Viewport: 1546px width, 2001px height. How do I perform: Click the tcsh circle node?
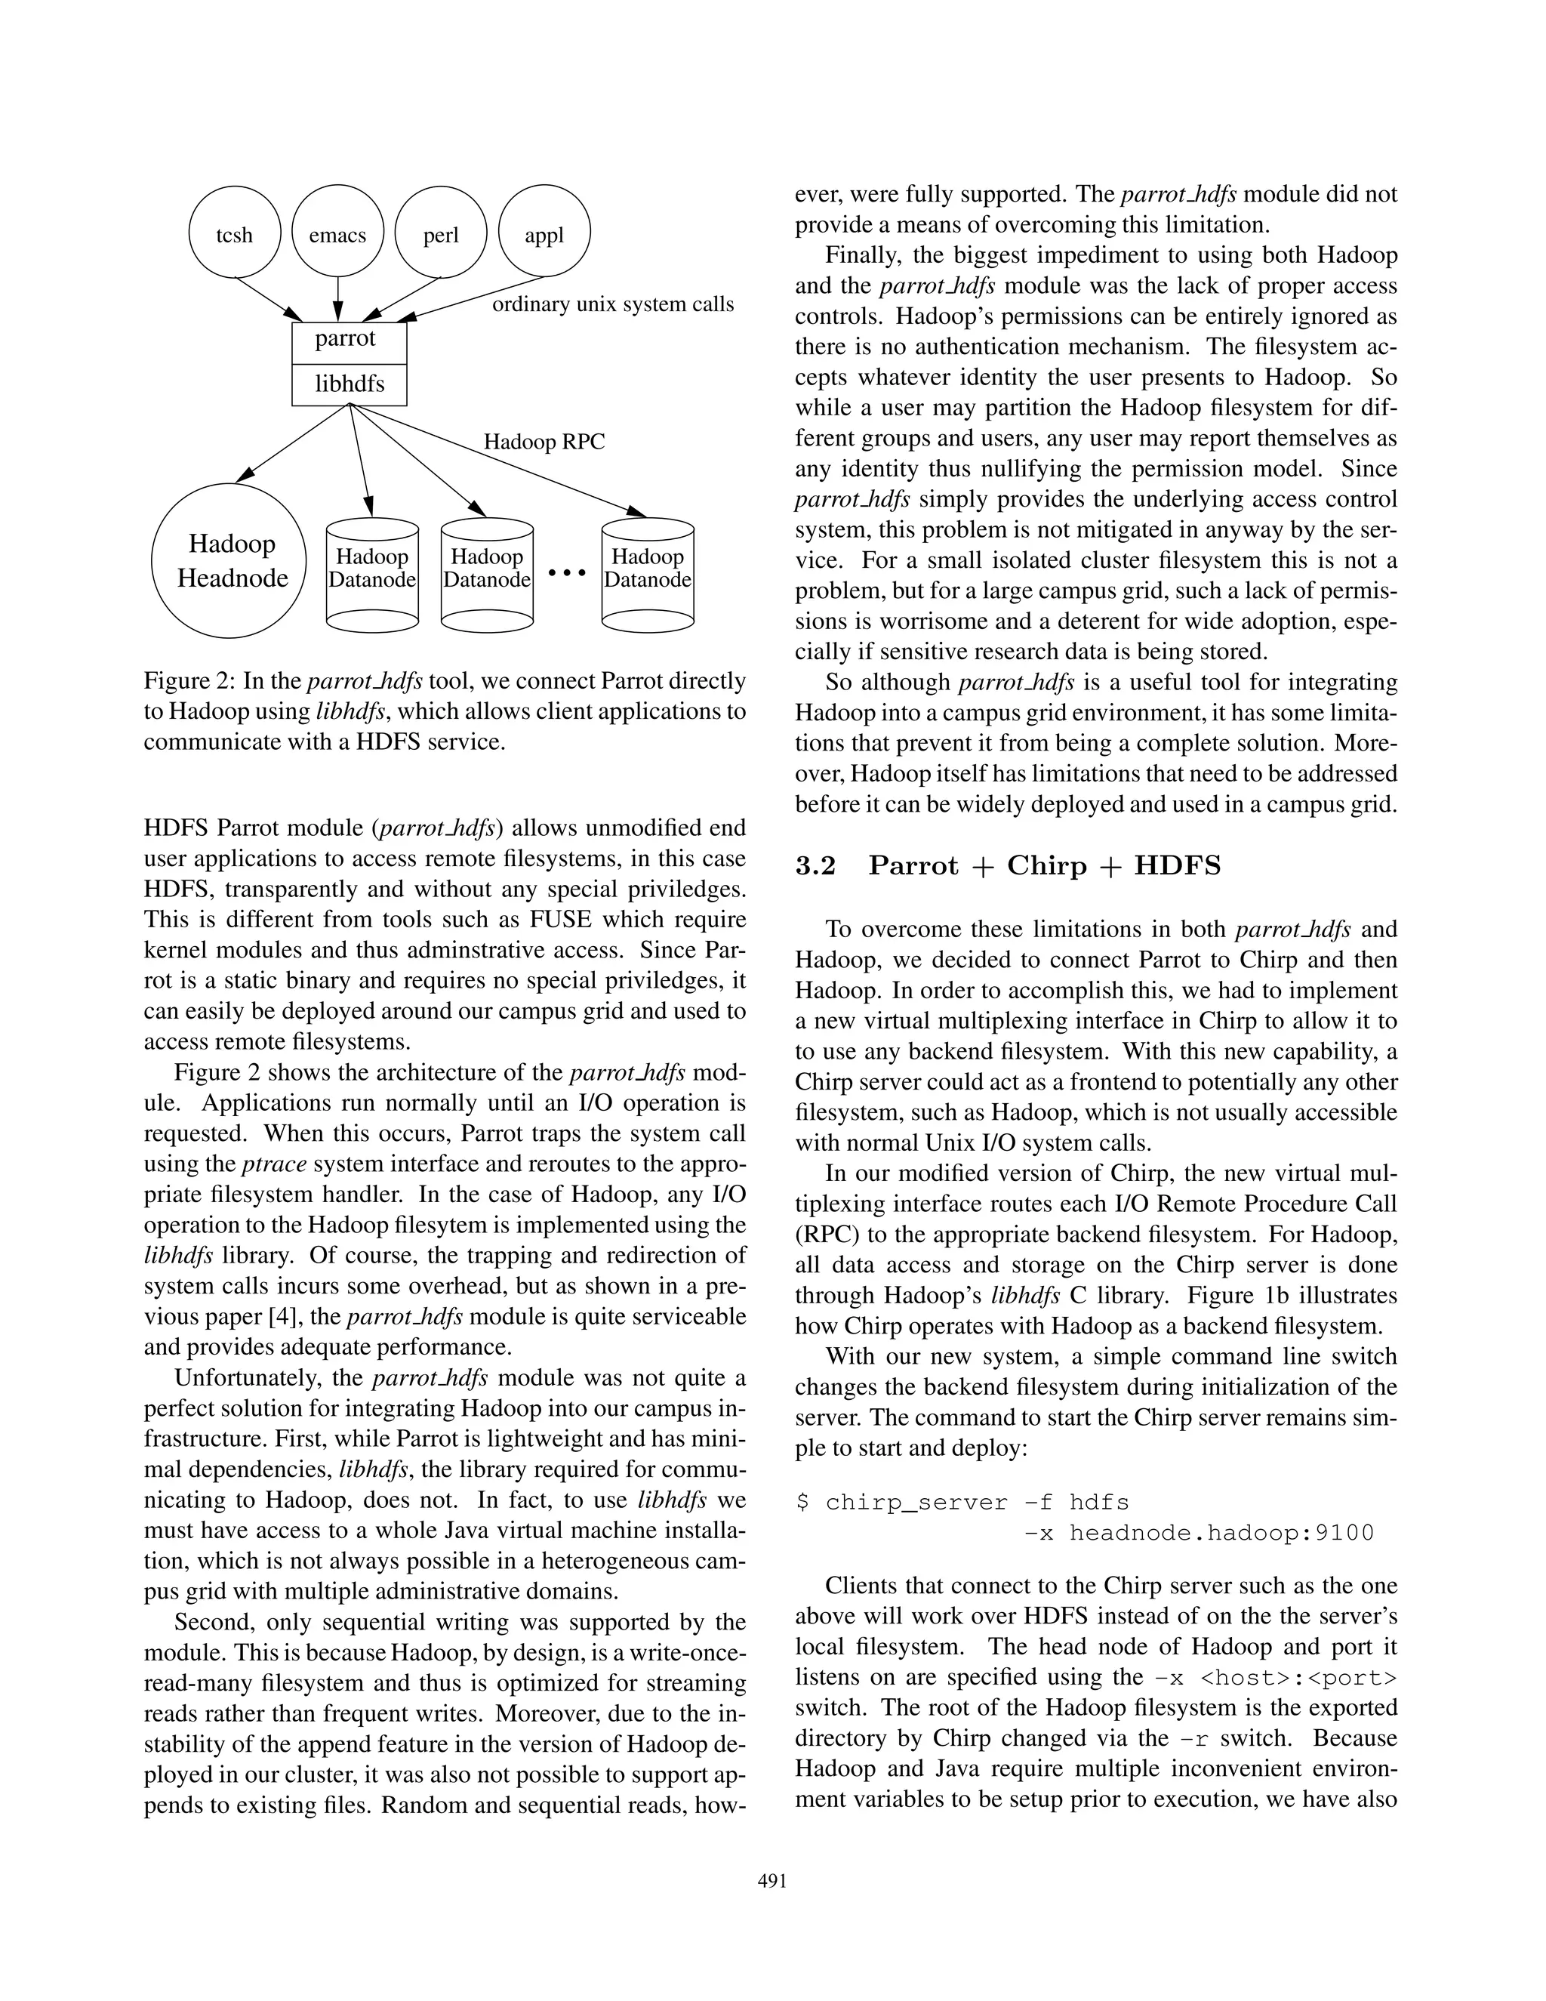235,233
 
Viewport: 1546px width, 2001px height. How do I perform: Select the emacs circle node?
337,233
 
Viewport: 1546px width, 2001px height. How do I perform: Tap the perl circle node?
441,233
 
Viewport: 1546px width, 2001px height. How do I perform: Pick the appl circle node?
544,233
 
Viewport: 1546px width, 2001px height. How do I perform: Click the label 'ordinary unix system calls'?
613,305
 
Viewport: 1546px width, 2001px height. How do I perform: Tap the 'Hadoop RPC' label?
544,442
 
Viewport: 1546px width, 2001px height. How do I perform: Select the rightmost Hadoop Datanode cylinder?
648,574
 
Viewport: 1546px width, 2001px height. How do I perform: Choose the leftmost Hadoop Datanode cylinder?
372,574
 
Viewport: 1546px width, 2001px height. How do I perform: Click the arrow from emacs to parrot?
338,298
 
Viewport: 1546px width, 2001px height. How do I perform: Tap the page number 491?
772,1882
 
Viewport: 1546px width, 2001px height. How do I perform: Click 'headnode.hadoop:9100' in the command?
1221,1533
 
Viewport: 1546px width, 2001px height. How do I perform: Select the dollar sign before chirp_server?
802,1503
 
